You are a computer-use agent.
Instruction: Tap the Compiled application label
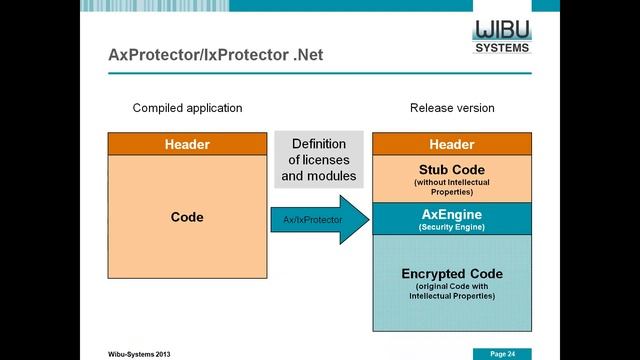pos(187,108)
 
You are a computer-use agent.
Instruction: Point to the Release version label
pos(452,108)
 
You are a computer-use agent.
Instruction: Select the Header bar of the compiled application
pos(187,144)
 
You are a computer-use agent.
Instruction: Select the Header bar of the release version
pos(452,144)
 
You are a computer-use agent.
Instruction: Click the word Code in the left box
pos(187,216)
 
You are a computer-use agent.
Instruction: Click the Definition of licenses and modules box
pos(319,160)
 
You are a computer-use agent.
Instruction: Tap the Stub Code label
pos(452,168)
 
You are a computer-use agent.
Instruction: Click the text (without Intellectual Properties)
pos(452,186)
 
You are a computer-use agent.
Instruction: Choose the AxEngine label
pos(452,213)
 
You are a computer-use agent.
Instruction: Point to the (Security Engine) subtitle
pos(452,227)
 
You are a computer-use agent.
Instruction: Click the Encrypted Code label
pos(452,274)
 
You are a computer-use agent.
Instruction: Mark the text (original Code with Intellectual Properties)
pos(452,292)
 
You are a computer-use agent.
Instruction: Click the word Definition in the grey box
pos(319,143)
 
